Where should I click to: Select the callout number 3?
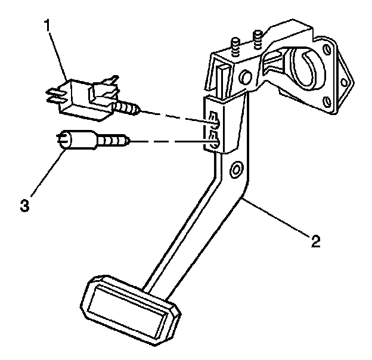[x=24, y=206]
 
